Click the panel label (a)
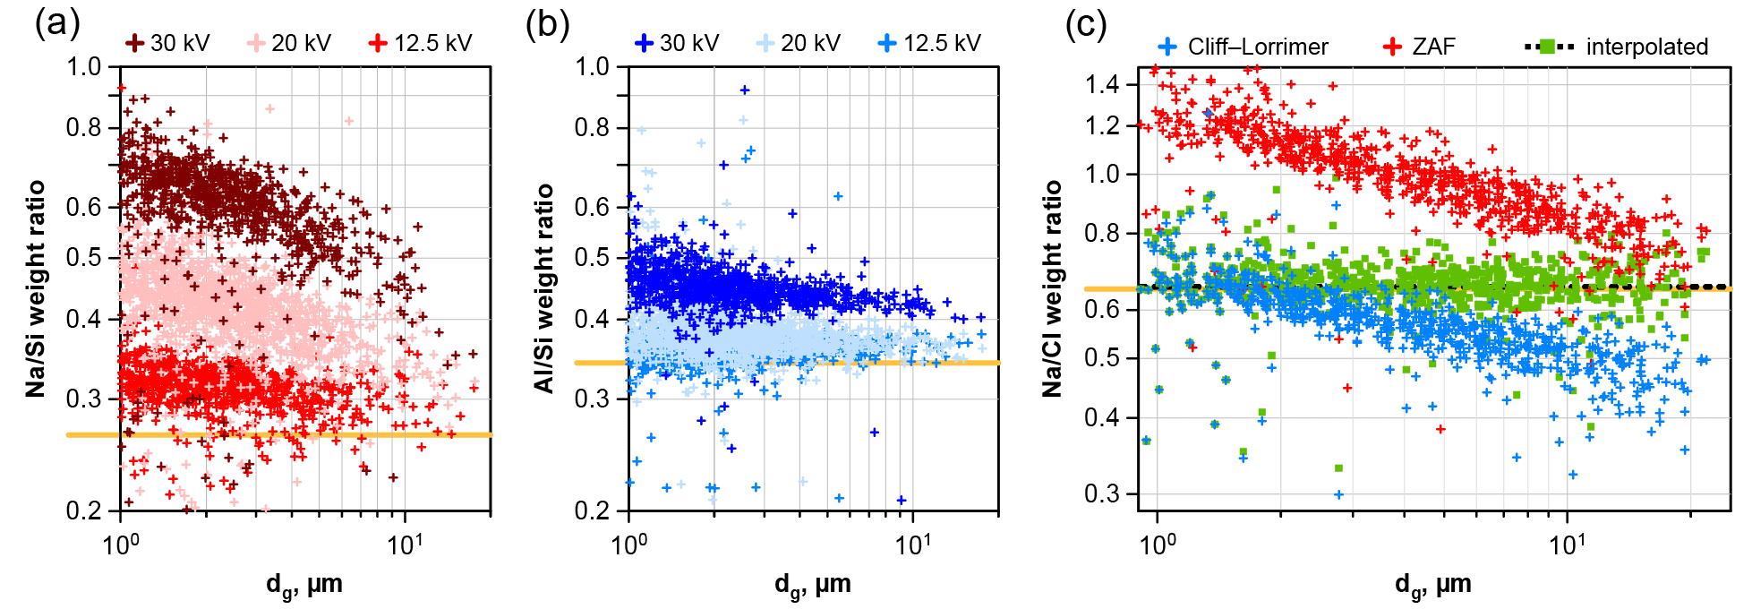57,23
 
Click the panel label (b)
547,23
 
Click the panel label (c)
1085,23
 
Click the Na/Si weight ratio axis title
36,288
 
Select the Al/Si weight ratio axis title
543,288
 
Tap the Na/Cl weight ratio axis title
1053,288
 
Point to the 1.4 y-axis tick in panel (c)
1102,85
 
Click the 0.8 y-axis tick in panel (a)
84,128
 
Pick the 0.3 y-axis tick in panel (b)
592,399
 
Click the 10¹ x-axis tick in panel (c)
1567,543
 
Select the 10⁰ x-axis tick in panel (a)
121,543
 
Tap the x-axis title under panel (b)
812,585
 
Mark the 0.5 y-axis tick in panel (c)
1102,358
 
